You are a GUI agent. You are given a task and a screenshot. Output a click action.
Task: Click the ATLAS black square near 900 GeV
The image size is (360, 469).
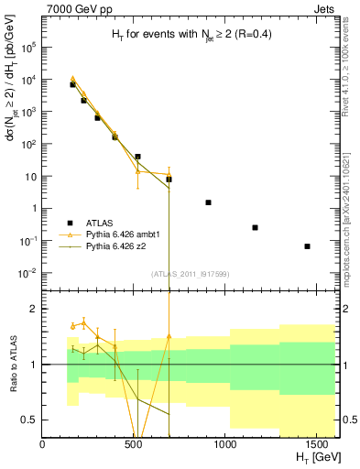[208, 202]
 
